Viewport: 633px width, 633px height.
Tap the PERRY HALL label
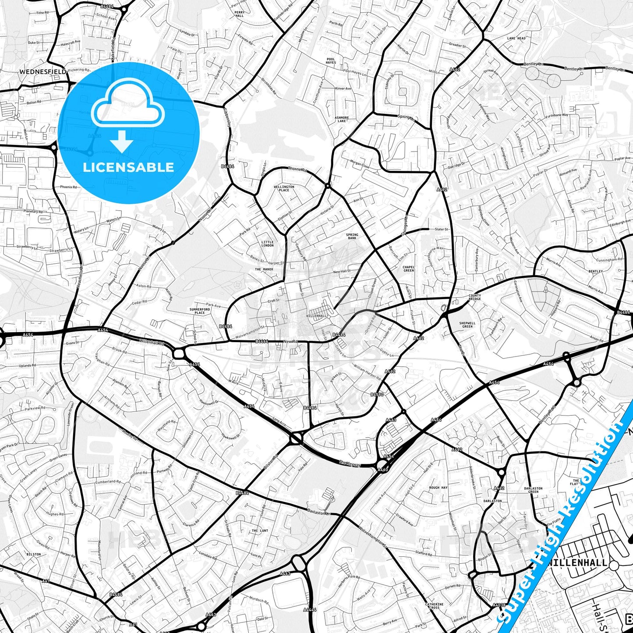(x=239, y=14)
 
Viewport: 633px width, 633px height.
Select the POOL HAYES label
(x=331, y=61)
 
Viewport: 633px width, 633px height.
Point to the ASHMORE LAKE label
(x=342, y=119)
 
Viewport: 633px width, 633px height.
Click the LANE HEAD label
(x=516, y=39)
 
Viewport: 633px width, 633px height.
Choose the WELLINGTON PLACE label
(x=284, y=188)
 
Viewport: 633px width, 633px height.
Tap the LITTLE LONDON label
(x=267, y=244)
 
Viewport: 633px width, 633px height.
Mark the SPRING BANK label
(x=352, y=237)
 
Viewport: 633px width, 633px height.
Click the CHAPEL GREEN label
(x=408, y=269)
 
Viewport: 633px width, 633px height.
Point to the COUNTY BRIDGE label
(x=475, y=297)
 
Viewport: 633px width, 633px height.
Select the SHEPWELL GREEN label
(x=467, y=325)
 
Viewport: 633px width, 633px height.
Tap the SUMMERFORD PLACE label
(x=200, y=311)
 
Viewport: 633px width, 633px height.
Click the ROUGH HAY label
(x=438, y=488)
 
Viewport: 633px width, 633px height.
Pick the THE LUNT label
(x=260, y=530)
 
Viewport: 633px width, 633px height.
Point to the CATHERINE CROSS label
(x=434, y=606)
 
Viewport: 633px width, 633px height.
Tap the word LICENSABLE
(x=128, y=167)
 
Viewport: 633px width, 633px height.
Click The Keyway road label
(x=349, y=463)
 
